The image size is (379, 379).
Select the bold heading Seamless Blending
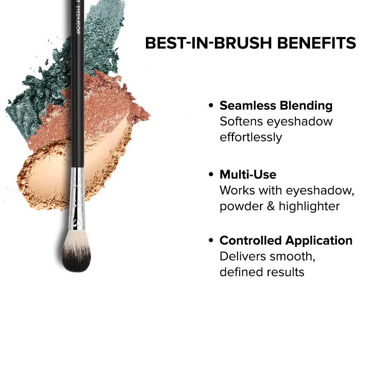tap(276, 105)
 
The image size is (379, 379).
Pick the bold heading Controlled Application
tap(286, 240)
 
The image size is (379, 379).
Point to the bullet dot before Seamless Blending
tap(211, 106)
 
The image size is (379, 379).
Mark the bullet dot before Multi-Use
tap(211, 175)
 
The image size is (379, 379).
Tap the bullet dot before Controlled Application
tap(211, 241)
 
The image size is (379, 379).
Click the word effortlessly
tap(251, 137)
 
